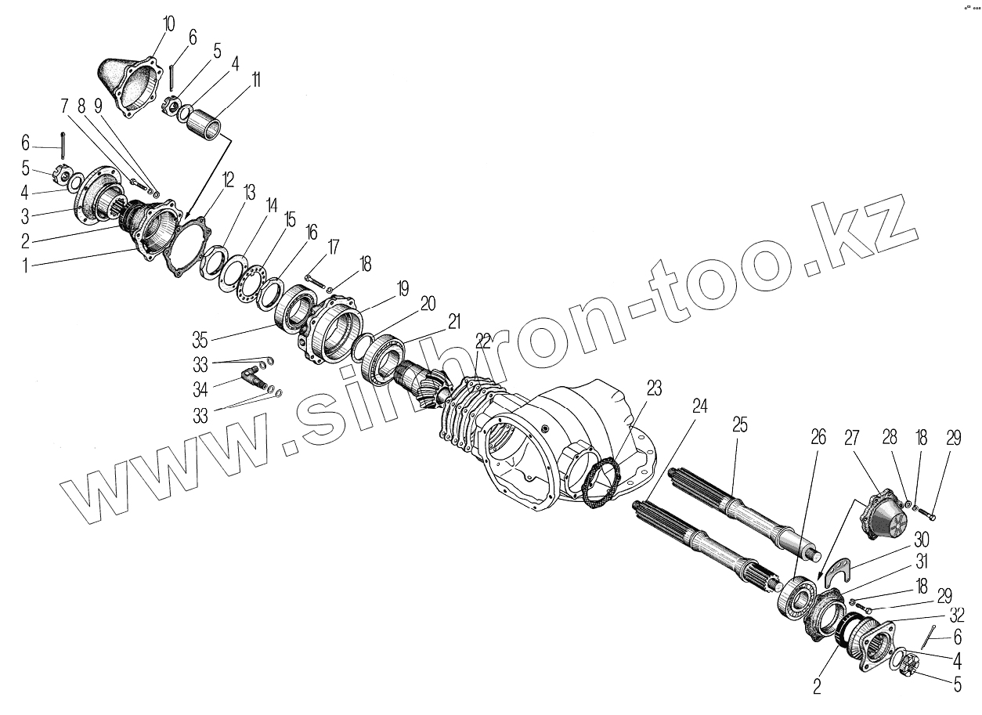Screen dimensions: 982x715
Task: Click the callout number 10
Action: pos(168,22)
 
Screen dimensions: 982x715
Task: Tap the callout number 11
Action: pos(255,81)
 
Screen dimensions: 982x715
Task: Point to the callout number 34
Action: pos(202,389)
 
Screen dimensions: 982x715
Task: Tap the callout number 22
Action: pos(483,341)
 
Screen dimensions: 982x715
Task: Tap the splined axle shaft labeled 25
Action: pos(744,512)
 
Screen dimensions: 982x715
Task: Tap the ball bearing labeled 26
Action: pos(797,595)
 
